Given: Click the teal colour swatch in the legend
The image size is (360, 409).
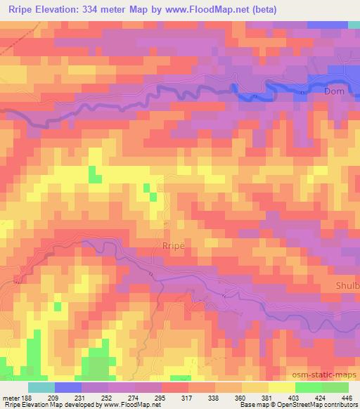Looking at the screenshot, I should (41, 387).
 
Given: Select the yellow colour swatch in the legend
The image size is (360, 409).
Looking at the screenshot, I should (281, 387).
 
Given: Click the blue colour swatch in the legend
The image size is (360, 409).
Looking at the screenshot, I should (68, 387).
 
